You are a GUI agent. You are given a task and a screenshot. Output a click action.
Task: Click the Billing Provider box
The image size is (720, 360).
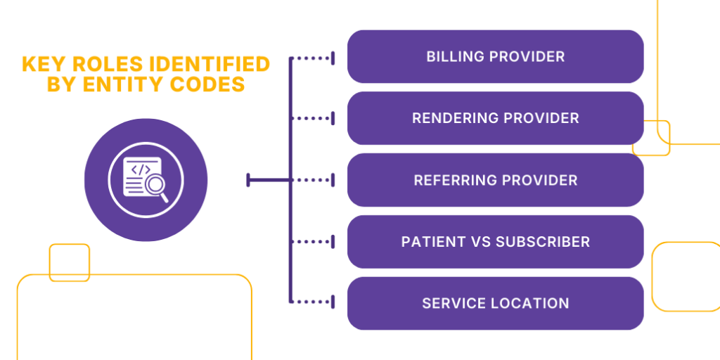tap(495, 56)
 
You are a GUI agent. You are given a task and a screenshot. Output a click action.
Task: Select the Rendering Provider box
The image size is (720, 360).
tap(495, 118)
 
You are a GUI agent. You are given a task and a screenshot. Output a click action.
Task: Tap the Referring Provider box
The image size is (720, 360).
tap(495, 180)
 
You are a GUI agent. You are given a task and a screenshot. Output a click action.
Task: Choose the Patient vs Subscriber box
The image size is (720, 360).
tap(495, 242)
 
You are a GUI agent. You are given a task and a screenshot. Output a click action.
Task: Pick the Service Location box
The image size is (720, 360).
tap(495, 304)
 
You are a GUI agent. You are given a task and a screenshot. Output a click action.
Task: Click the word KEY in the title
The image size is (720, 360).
tap(41, 65)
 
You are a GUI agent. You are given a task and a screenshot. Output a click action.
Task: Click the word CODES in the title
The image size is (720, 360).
tap(211, 85)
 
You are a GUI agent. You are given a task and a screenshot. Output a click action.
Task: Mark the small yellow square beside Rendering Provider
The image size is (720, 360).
tap(652, 138)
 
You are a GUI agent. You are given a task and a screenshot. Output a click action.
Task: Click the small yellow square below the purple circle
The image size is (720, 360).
tap(70, 262)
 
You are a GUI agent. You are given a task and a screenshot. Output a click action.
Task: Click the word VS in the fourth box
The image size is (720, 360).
tap(482, 242)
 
